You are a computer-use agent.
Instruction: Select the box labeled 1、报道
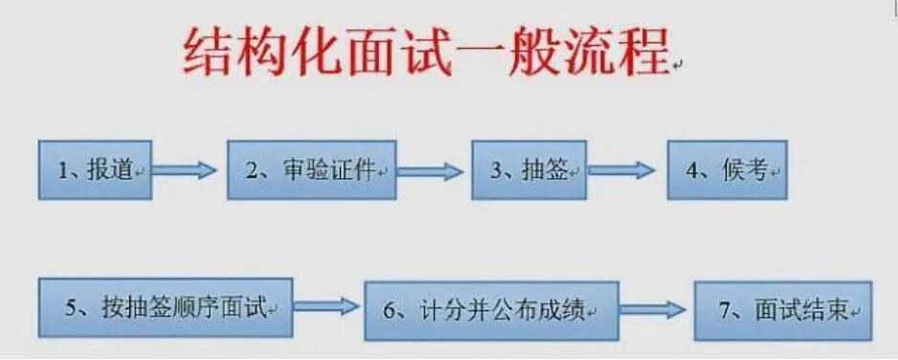tap(95, 169)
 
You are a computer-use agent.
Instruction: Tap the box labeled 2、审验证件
tap(311, 169)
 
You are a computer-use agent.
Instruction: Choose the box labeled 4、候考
tap(727, 169)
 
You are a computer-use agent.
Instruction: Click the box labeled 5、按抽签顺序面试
tap(166, 307)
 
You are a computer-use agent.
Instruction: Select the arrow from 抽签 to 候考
tap(621, 170)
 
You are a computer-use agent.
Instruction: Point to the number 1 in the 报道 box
tap(62, 170)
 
